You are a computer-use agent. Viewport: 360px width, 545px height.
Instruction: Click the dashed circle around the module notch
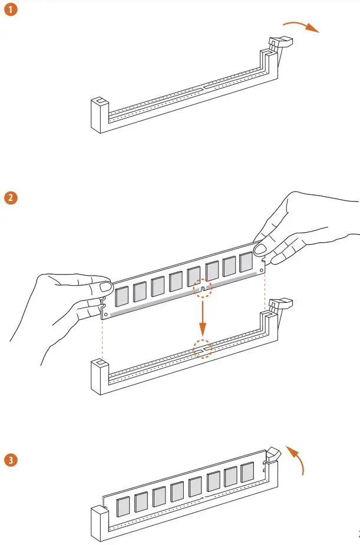202,288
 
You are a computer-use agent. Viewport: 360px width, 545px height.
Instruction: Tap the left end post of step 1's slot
99,114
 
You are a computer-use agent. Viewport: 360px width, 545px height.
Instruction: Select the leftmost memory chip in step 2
121,296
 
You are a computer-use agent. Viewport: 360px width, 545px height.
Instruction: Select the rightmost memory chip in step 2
246,263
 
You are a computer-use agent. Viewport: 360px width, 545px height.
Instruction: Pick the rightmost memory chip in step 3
247,472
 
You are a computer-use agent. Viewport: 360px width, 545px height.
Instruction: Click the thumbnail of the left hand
107,288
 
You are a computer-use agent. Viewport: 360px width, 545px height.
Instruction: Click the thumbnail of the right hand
260,249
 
